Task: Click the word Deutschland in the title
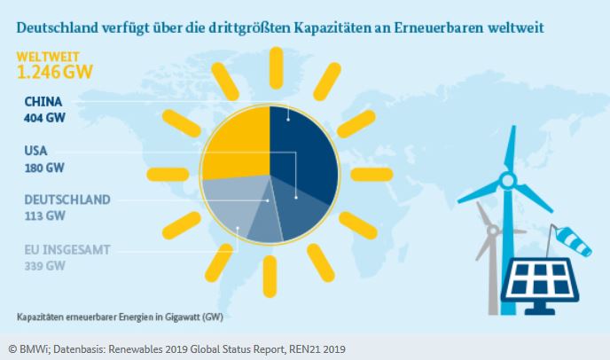tap(56, 27)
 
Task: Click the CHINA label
tap(43, 101)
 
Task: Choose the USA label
tap(36, 151)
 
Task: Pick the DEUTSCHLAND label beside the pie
tap(67, 200)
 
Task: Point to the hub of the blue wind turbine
tap(507, 181)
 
